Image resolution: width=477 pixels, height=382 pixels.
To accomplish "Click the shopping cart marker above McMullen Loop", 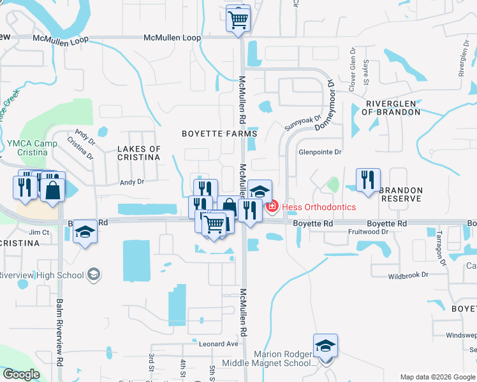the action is [238, 18].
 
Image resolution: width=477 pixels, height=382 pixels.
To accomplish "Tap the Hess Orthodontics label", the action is [319, 207].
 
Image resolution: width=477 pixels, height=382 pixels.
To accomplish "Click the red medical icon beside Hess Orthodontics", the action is [272, 207].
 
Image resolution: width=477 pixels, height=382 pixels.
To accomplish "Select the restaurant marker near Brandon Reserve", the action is [368, 180].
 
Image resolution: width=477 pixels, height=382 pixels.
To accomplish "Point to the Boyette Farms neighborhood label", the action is [219, 134].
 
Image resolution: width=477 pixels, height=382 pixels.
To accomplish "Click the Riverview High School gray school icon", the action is [94, 274].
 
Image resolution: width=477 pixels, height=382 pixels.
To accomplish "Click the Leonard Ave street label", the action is [218, 344].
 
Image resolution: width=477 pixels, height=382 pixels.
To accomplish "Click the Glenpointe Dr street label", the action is [320, 152].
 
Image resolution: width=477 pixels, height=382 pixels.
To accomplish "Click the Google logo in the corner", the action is [21, 374].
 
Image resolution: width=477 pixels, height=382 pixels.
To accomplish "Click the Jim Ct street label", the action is [39, 233].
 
